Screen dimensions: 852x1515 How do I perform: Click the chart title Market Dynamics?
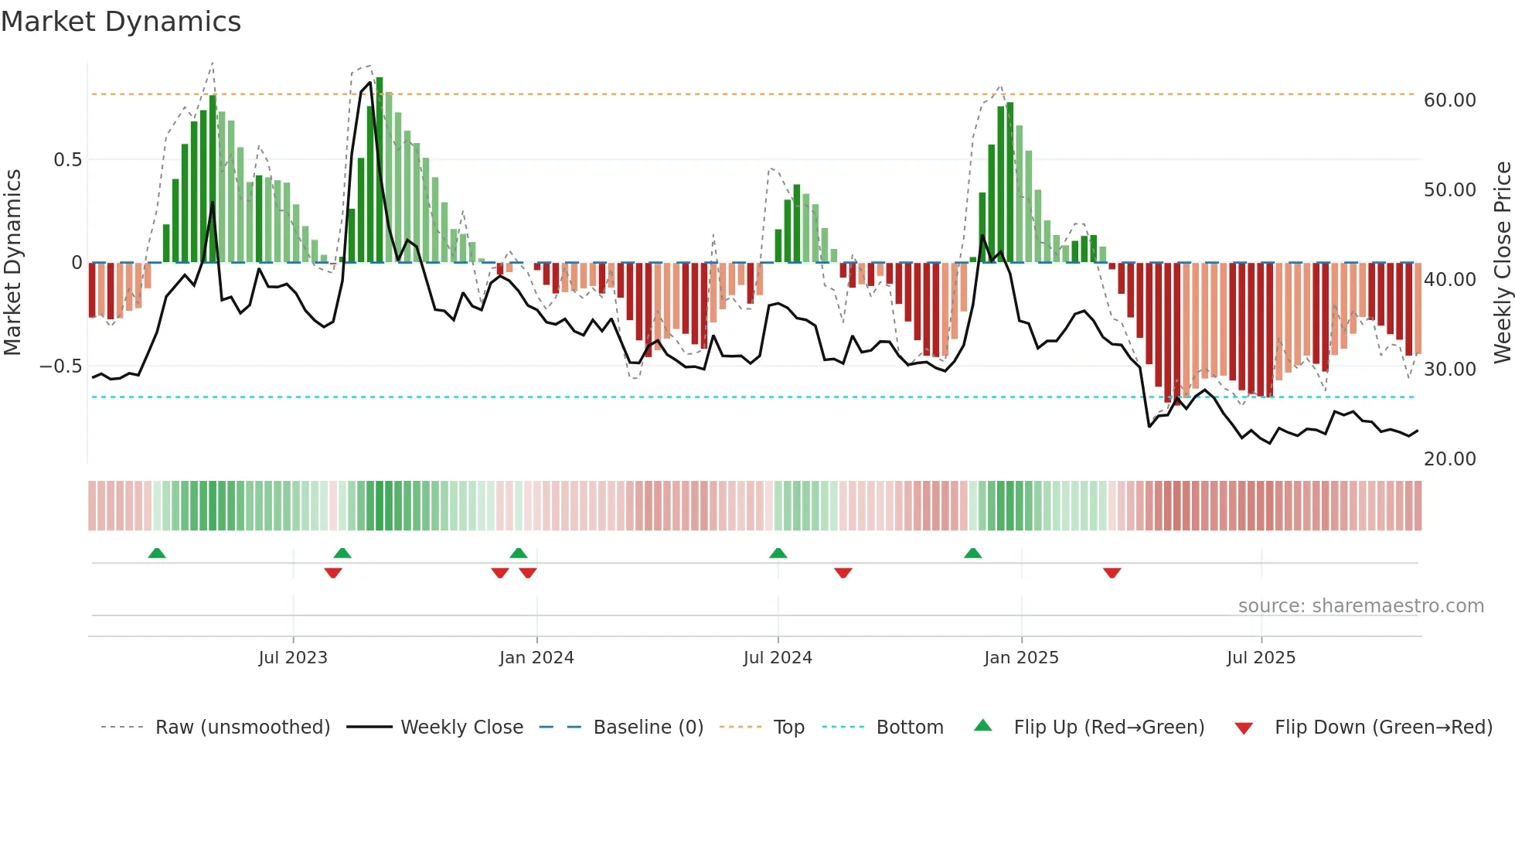click(x=121, y=22)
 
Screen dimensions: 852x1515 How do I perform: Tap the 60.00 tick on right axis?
click(x=1449, y=101)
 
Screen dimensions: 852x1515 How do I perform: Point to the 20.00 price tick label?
click(x=1449, y=459)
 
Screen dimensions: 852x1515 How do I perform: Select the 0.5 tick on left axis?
click(x=67, y=160)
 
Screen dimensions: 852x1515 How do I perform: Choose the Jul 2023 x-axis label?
click(x=293, y=658)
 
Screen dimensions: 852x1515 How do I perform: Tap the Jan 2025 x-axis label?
click(x=1021, y=658)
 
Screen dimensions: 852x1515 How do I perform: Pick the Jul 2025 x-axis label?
click(x=1261, y=658)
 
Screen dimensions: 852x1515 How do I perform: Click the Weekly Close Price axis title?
click(x=1502, y=262)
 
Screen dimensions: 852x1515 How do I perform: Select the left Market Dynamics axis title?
click(x=12, y=262)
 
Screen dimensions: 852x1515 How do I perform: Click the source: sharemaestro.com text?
click(x=1360, y=606)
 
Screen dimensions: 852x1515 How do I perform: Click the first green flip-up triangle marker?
click(x=157, y=553)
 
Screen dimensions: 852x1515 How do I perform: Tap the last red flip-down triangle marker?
click(x=1112, y=573)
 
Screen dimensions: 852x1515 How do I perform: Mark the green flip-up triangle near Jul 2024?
click(x=778, y=553)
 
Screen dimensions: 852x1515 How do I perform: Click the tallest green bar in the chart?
click(x=380, y=170)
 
